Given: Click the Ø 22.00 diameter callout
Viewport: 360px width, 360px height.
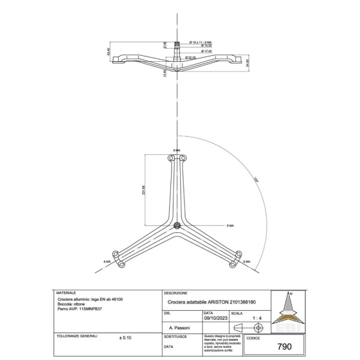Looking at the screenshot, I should coord(191,57).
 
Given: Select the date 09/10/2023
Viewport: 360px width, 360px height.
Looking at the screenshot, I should coord(217,319).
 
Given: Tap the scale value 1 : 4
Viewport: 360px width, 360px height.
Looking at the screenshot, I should coord(258,319).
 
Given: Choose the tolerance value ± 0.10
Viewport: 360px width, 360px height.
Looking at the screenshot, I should coord(125,338).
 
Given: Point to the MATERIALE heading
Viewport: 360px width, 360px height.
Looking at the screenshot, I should coord(67,292).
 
